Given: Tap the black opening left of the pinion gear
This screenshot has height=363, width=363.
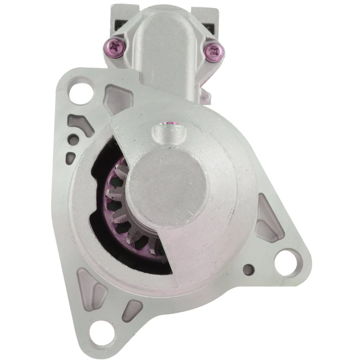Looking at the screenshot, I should [98, 200].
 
